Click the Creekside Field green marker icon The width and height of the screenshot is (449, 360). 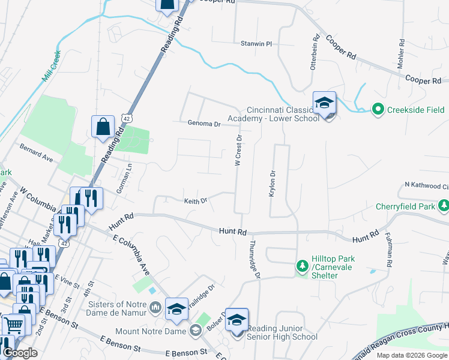(378, 109)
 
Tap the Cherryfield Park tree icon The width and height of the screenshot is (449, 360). (444, 206)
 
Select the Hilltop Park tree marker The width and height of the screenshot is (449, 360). (303, 265)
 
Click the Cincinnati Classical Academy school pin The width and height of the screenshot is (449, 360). (324, 103)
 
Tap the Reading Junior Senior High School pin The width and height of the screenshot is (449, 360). (237, 320)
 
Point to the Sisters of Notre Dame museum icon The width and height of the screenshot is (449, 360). (155, 308)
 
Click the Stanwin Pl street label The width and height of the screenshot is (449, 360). (256, 44)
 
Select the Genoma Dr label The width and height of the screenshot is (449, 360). (203, 124)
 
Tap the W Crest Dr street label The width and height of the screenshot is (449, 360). (239, 151)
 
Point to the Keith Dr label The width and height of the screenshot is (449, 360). (195, 201)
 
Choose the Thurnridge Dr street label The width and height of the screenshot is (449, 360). (253, 259)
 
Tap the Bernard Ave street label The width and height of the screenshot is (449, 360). (37, 153)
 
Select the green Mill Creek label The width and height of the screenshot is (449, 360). (52, 66)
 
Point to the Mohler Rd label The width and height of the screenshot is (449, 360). (400, 55)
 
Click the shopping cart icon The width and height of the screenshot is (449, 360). (13, 325)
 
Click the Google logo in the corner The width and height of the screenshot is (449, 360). (20, 353)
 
